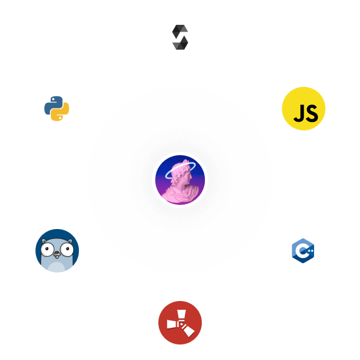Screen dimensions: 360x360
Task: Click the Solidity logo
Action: pyautogui.click(x=180, y=37)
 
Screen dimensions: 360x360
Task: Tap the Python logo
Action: pyautogui.click(x=56, y=109)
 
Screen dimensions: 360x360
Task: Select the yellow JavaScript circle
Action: pyautogui.click(x=304, y=109)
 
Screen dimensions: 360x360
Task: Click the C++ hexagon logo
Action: pyautogui.click(x=303, y=251)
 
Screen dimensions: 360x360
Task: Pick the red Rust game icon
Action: pyautogui.click(x=180, y=323)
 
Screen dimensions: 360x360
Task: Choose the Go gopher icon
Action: pyautogui.click(x=57, y=251)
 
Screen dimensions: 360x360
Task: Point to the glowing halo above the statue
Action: pyautogui.click(x=181, y=170)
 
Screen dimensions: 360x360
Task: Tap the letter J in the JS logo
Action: pyautogui.click(x=299, y=113)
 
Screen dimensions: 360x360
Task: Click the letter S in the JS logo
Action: pyautogui.click(x=312, y=113)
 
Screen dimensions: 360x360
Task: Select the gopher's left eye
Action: pyautogui.click(x=47, y=249)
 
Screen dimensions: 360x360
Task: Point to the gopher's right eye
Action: pyautogui.click(x=67, y=250)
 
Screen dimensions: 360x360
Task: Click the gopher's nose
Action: pyautogui.click(x=56, y=254)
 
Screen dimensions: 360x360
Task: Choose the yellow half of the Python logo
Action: pyautogui.click(x=60, y=112)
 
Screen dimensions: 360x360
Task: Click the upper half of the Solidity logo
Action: pyautogui.click(x=180, y=31)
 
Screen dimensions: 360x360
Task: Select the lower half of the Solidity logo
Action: pyautogui.click(x=181, y=43)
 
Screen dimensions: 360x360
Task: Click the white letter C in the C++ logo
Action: pyautogui.click(x=301, y=251)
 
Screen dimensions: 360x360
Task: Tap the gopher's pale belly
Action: pyautogui.click(x=57, y=267)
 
